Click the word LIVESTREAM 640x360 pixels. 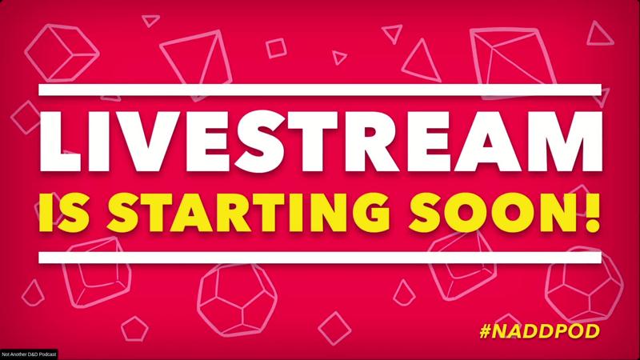click(x=321, y=141)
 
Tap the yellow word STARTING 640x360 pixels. click(x=248, y=212)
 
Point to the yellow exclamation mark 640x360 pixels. click(x=592, y=212)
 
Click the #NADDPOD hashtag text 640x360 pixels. click(x=539, y=331)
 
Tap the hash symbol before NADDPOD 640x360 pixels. click(x=486, y=331)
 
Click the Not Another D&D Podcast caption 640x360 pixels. click(x=29, y=354)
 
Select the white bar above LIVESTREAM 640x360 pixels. click(x=320, y=90)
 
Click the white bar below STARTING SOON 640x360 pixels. click(x=320, y=257)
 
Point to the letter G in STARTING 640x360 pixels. click(x=369, y=212)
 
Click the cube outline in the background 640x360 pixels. click(x=62, y=53)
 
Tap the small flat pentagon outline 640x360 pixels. click(x=134, y=329)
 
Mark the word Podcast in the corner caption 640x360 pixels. click(x=48, y=354)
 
